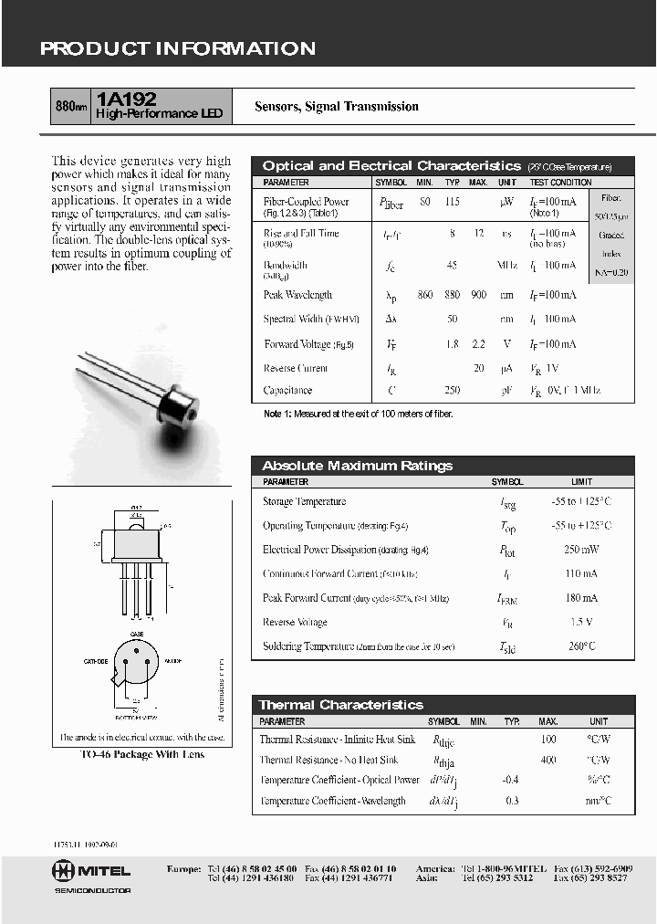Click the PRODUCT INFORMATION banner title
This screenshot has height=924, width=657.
click(178, 49)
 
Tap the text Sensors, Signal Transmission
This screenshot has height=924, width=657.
click(337, 107)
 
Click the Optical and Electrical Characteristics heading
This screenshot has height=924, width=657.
click(391, 166)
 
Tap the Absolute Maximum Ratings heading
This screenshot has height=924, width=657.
click(357, 466)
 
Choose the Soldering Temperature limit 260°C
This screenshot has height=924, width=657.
click(581, 646)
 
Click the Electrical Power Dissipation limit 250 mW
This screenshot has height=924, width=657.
click(581, 550)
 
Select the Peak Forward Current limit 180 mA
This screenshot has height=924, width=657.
click(581, 598)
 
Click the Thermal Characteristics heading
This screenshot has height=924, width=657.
click(341, 705)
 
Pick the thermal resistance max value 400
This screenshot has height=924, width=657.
click(548, 760)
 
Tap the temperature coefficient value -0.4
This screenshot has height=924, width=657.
click(510, 780)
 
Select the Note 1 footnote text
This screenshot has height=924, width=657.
click(358, 414)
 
